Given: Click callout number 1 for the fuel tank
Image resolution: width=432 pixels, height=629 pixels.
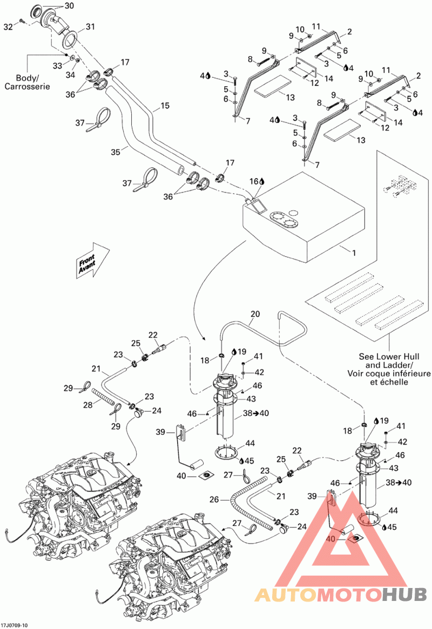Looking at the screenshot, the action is (x=354, y=253).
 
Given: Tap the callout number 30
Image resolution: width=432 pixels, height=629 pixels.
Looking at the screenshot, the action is (x=69, y=5).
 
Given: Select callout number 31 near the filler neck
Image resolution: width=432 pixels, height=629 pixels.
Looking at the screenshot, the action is (x=90, y=27).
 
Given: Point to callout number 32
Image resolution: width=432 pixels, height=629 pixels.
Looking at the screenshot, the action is (x=9, y=26).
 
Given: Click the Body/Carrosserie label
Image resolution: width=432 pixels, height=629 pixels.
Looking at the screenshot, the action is (x=28, y=82).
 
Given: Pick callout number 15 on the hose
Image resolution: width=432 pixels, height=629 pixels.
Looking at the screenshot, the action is (x=165, y=106).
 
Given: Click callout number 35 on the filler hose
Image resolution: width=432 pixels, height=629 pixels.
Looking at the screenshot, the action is (x=116, y=152).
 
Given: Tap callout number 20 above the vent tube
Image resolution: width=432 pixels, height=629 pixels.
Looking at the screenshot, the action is (x=255, y=314).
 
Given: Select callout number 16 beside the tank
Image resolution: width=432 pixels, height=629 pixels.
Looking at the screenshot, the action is (x=254, y=181).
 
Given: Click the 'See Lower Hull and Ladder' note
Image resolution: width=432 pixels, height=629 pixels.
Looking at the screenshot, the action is (x=389, y=369).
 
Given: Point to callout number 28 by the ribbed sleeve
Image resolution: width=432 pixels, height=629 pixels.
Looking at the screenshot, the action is (x=88, y=405).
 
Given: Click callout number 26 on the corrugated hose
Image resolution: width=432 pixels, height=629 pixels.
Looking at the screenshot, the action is (x=214, y=500).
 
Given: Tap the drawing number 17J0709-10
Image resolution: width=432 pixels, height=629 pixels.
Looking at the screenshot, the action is (x=15, y=625).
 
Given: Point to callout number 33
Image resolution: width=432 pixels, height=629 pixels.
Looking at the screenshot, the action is (x=58, y=65).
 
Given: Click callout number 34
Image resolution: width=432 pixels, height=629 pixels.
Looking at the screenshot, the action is (x=71, y=74).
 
